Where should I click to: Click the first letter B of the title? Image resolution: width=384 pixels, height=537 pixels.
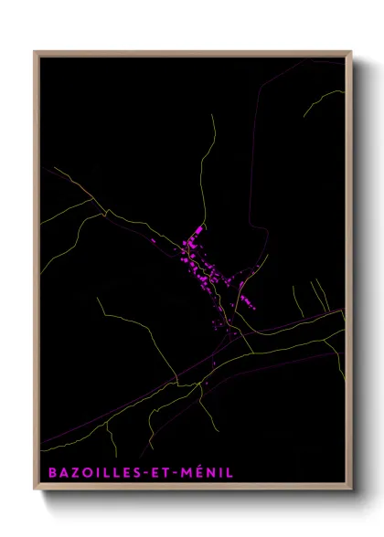[x=47, y=473]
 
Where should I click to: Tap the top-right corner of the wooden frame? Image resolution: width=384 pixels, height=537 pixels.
[x=351, y=52]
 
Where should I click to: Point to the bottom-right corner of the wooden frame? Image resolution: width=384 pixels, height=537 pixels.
[x=351, y=490]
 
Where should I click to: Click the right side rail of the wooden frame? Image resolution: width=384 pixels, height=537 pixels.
[x=349, y=274]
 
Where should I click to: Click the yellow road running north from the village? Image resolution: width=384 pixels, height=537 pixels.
[x=208, y=164]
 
